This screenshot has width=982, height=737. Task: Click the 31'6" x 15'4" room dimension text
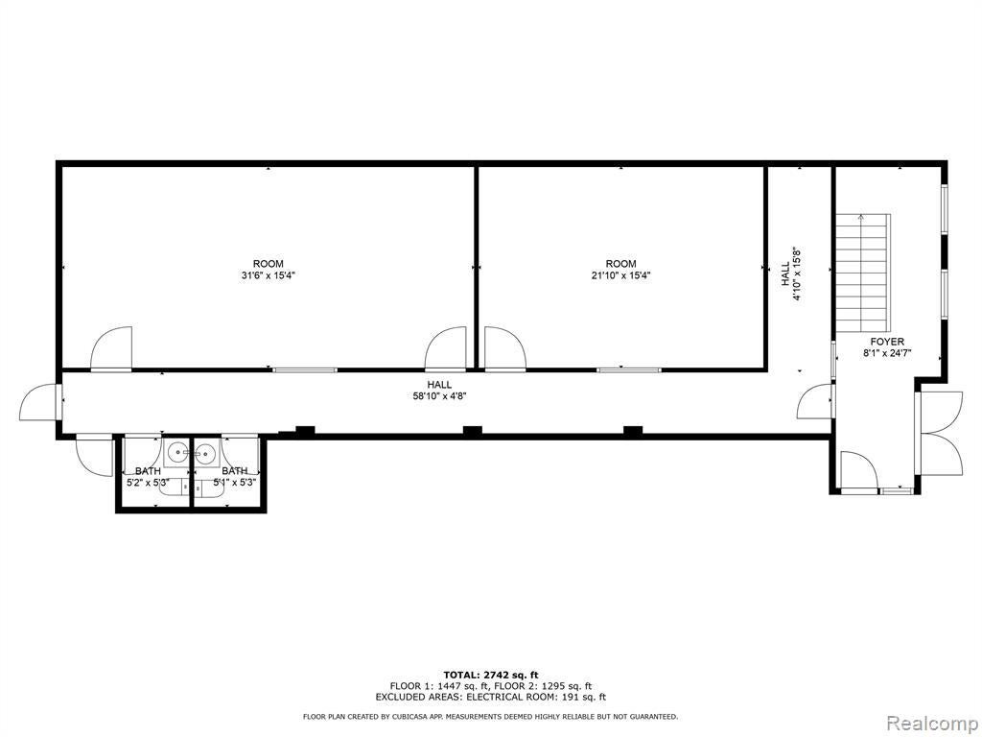pos(268,275)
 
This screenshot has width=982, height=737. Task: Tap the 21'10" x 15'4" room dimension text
pos(620,275)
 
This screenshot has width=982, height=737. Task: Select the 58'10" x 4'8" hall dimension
pos(439,395)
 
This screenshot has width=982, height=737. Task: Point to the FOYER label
pos(887,342)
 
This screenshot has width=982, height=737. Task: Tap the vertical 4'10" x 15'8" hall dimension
pos(797,274)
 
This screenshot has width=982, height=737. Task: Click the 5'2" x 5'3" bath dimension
pos(148,483)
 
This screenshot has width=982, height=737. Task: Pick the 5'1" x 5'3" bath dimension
pos(234,483)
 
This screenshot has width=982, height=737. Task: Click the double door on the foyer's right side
pos(938,433)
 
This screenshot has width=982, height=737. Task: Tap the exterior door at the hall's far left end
pos(40,401)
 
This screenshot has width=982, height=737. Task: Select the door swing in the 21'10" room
pos(504,348)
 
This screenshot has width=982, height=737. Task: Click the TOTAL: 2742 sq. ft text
pos(491,675)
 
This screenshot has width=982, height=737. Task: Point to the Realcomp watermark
pos(932,723)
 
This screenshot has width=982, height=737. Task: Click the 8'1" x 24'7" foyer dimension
pos(887,353)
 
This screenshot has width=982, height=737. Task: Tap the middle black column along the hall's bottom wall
pos(472,431)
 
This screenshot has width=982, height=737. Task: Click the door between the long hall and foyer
pos(817,402)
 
